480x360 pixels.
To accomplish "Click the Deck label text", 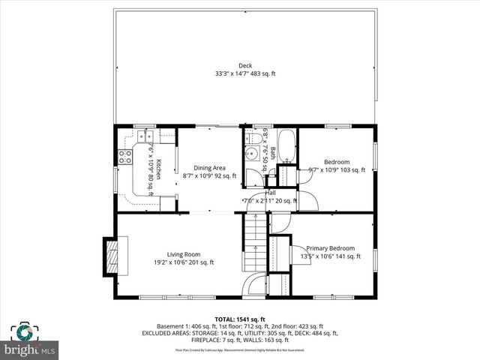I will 245,64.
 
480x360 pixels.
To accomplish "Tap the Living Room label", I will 179,254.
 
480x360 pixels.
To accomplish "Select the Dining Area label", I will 209,168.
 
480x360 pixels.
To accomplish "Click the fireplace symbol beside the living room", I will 111,256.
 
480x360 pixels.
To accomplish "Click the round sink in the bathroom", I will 253,154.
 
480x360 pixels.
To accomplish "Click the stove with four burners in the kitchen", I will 124,157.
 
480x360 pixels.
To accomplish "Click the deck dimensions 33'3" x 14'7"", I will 245,73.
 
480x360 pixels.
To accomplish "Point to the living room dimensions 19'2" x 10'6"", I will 179,262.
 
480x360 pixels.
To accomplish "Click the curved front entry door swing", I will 256,284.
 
